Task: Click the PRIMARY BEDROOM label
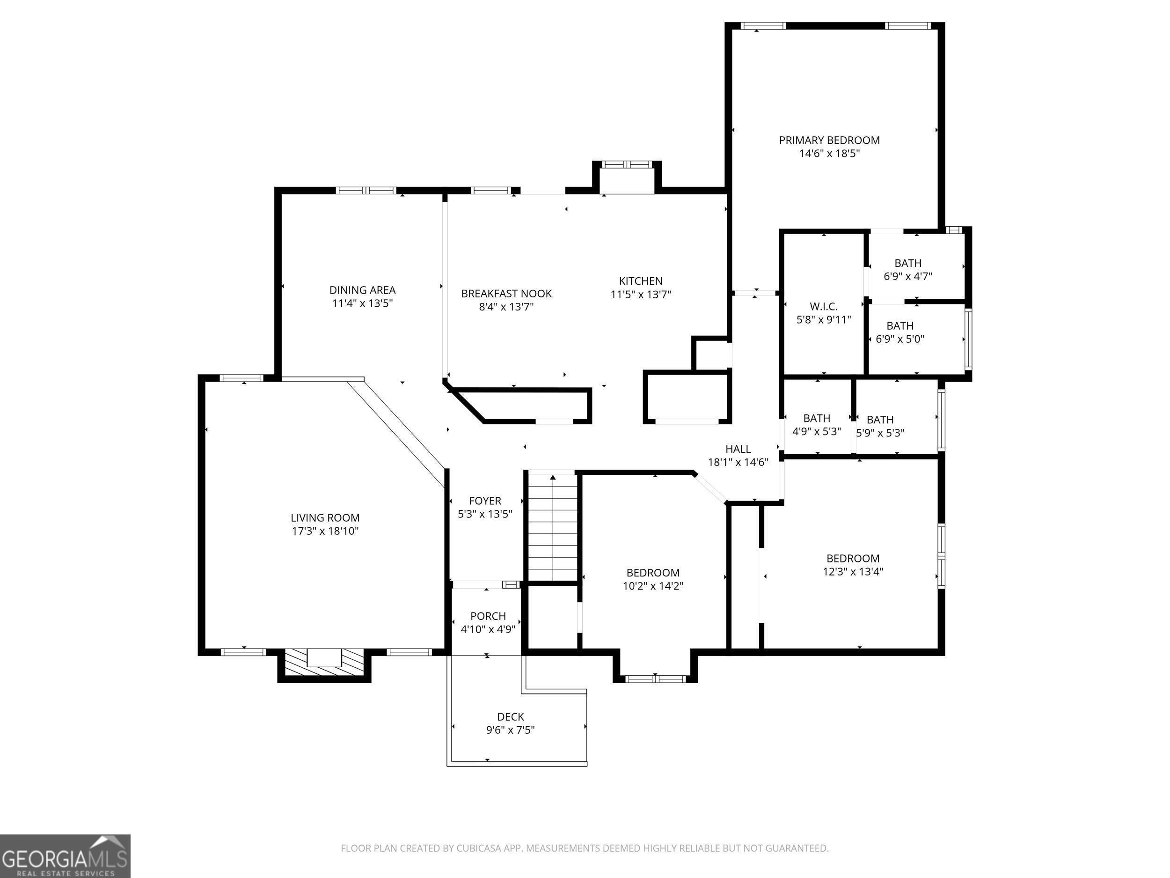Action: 829,140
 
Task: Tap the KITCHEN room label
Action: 641,281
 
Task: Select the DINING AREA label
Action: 362,290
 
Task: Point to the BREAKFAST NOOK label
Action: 506,294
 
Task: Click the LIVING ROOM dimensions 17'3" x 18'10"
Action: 325,531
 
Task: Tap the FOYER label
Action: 485,501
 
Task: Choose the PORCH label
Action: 488,616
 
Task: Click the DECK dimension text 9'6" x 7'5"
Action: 511,730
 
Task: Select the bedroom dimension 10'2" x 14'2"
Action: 653,586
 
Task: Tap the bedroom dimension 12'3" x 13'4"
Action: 853,572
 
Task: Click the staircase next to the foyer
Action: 553,528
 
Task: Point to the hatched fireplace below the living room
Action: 324,662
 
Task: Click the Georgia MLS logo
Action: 65,856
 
